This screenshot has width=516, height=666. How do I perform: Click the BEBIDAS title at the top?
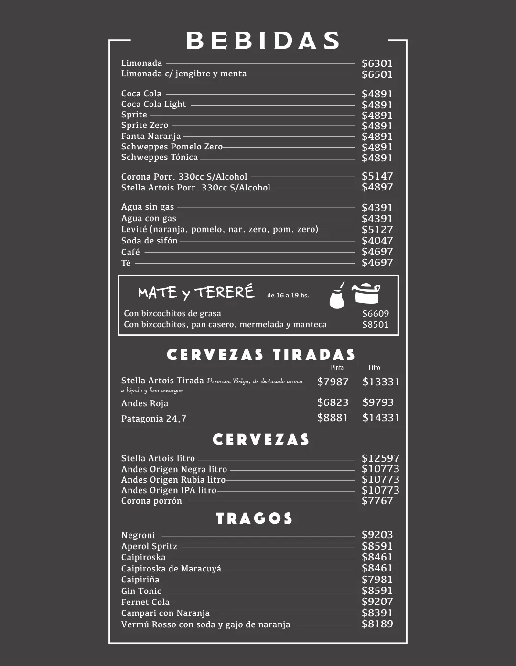(x=263, y=41)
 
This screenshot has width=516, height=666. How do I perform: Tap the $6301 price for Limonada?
(x=377, y=63)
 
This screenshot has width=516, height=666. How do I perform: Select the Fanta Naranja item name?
(x=151, y=136)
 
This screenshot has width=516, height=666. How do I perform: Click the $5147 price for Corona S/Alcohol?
(x=377, y=176)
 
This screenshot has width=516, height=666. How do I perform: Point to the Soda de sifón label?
(x=149, y=241)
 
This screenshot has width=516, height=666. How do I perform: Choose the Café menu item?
(x=130, y=252)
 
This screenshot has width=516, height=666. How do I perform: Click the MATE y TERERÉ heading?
(x=196, y=292)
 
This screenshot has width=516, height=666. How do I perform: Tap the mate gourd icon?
(x=337, y=296)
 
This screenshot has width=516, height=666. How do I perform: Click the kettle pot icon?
(x=366, y=294)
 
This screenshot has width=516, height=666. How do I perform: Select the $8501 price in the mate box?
(x=376, y=325)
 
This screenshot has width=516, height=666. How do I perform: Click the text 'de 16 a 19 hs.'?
(x=288, y=296)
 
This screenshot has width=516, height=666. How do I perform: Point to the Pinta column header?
(x=337, y=368)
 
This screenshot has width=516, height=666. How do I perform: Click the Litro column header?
(x=375, y=368)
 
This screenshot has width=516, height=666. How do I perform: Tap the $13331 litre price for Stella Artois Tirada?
(x=381, y=382)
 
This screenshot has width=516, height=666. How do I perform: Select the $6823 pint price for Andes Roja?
(x=333, y=402)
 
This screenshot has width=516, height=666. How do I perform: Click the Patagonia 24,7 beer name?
(x=154, y=419)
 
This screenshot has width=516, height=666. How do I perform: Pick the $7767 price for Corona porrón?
(x=377, y=501)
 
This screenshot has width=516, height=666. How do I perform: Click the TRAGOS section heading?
(x=254, y=518)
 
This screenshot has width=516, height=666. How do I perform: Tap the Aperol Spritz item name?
(x=149, y=546)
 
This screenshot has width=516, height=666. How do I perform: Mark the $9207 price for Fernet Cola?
(x=377, y=602)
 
